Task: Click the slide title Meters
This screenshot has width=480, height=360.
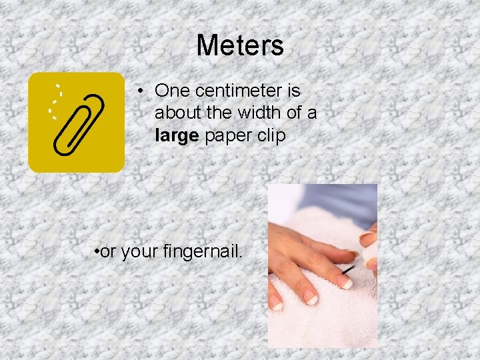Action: (x=240, y=45)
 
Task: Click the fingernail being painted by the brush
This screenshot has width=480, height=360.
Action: (x=344, y=283)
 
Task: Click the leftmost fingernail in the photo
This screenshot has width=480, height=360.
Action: (x=275, y=303)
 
